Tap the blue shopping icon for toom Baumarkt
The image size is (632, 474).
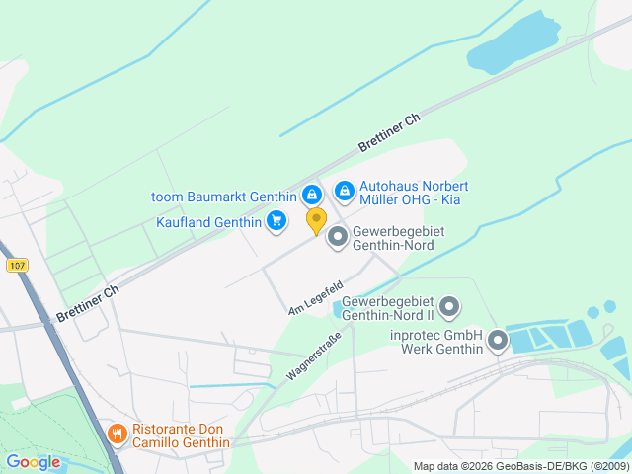pos(311,194)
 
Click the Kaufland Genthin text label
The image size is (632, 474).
pos(209,221)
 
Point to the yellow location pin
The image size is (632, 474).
pos(316,220)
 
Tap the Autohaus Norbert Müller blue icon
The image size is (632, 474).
pos(344,189)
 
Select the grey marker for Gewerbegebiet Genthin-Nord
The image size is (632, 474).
pos(338,235)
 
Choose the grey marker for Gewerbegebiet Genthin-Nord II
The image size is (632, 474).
pos(449,307)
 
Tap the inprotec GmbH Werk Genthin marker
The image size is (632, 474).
pos(497,342)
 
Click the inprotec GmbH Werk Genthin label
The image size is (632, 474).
pos(435,342)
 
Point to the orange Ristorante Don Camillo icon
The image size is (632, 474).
pos(117,434)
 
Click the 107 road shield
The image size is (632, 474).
pos(16,266)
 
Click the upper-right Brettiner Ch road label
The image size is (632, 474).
pos(389,131)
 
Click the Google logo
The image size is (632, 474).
pos(33,462)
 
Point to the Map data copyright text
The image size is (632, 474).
pos(519,466)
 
